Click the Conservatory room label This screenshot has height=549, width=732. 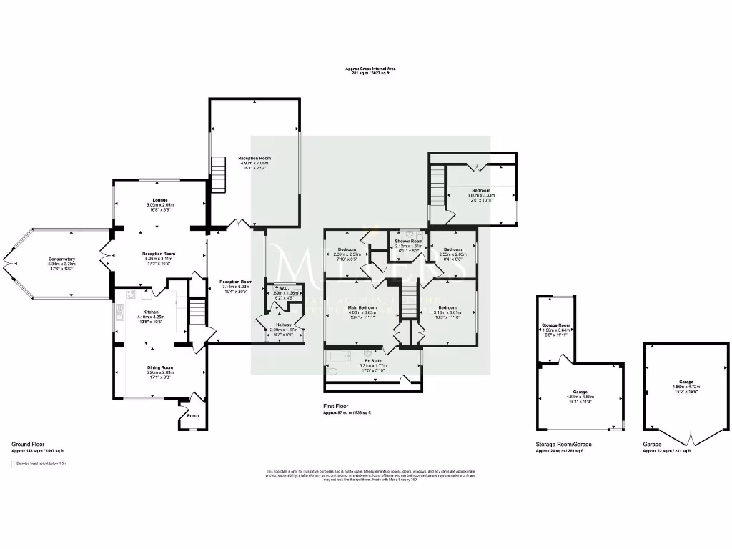click(61, 259)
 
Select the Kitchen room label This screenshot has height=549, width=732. click(150, 312)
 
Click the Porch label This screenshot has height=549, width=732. click(193, 415)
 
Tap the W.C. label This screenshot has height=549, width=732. click(283, 287)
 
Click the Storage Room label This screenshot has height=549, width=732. click(555, 325)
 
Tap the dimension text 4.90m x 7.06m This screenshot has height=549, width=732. click(254, 163)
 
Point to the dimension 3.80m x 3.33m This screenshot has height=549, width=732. click(480, 194)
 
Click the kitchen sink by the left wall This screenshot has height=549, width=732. click(120, 311)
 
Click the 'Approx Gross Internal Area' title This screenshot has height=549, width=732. click(370, 69)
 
